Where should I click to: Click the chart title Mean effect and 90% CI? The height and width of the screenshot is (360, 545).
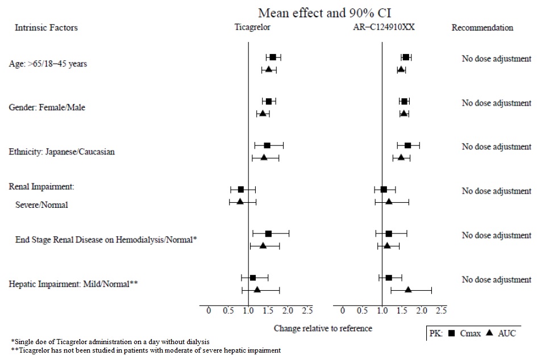point(324,12)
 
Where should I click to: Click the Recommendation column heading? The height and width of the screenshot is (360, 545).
point(482,27)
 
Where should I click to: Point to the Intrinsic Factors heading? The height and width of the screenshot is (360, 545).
point(46,27)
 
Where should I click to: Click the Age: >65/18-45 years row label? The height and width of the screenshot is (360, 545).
point(48,64)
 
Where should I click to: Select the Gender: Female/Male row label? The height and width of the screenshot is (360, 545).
point(47,107)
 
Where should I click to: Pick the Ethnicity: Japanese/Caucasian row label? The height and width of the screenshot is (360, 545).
point(61,152)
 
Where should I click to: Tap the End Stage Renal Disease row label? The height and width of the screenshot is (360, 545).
point(106,240)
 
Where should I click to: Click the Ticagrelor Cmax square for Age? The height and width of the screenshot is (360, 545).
point(273,57)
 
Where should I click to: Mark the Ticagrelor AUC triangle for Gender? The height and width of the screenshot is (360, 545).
point(263,114)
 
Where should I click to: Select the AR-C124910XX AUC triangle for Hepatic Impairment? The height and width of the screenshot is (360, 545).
point(408,290)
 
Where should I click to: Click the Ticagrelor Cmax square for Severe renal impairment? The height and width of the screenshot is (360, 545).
point(240,189)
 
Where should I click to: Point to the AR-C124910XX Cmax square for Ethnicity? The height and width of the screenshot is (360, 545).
point(407,145)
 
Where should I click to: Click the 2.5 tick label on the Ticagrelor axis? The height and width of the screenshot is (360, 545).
point(307,310)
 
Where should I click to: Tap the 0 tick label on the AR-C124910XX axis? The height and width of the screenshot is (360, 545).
point(343,310)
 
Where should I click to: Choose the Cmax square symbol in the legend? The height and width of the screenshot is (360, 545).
point(451,333)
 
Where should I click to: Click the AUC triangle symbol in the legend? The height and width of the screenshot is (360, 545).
point(490,333)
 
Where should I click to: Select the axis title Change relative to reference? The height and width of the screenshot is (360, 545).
point(323,328)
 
